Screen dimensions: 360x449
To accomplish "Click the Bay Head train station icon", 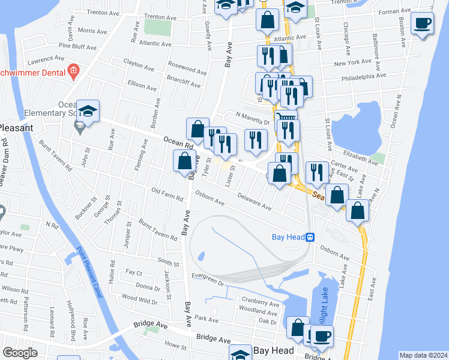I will [310, 237].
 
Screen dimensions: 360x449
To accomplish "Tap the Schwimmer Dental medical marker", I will [73, 71].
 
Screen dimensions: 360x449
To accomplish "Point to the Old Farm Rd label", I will [167, 194].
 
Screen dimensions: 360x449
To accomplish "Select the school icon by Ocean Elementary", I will [88, 111].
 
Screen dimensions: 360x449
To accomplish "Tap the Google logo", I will [20, 353].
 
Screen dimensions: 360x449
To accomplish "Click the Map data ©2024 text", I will [423, 355].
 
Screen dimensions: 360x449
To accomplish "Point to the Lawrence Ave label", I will [46, 60].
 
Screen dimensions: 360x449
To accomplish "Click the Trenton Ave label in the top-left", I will [103, 13].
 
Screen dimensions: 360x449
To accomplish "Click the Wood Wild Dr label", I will [139, 298].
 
